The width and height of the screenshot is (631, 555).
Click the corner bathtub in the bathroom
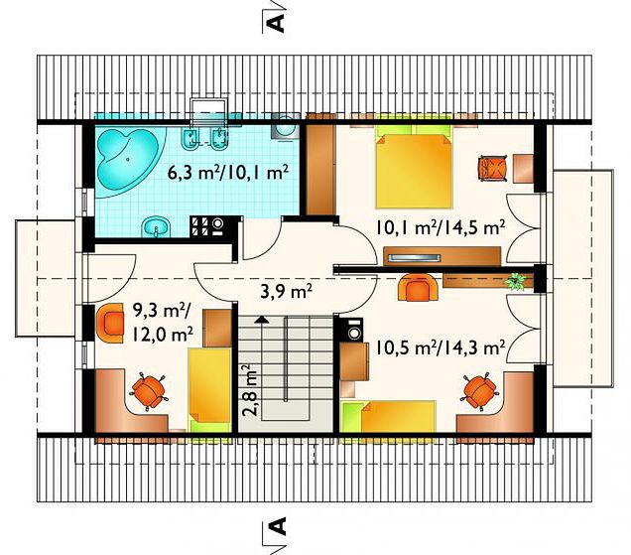(x=130, y=160)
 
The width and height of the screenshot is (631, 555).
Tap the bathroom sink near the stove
(x=157, y=227)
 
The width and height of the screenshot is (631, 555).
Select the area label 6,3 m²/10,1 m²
(x=228, y=173)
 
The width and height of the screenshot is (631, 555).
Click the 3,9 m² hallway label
(x=287, y=291)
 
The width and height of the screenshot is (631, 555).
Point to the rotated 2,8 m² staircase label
(x=250, y=390)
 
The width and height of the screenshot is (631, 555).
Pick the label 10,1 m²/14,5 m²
(x=441, y=227)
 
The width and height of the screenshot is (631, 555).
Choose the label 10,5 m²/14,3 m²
(x=441, y=347)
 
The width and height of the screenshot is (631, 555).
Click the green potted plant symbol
(x=515, y=281)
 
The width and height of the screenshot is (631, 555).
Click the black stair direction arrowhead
(x=262, y=320)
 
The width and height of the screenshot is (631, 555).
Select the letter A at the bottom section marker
(x=277, y=526)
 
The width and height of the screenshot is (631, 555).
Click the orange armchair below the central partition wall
(x=418, y=288)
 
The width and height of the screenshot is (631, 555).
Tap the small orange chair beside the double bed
(x=491, y=168)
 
